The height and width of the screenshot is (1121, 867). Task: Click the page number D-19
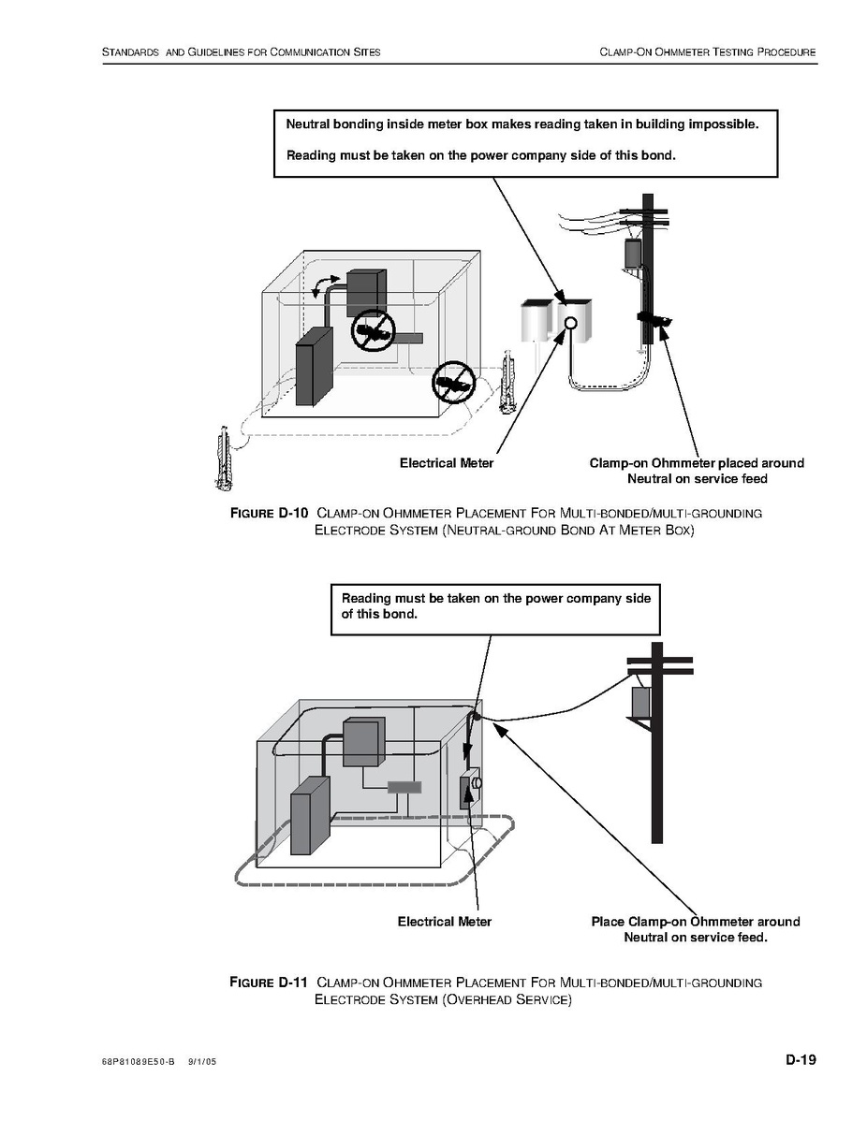(801, 1059)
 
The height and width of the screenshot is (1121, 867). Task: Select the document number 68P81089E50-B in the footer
(138, 1062)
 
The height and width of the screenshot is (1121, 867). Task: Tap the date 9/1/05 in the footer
(201, 1062)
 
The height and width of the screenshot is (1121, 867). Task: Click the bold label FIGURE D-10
(269, 513)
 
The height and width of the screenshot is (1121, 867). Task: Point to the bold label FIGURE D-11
(269, 982)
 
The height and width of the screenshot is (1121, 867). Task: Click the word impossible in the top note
(723, 124)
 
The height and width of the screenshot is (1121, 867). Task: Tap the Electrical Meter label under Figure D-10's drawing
(447, 463)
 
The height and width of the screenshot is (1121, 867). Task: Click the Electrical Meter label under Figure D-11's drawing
(444, 923)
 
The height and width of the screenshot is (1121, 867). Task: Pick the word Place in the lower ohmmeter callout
(608, 923)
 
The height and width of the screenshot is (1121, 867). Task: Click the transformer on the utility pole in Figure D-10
(633, 255)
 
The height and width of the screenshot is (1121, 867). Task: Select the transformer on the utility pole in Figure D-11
(639, 703)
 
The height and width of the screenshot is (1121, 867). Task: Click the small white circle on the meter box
(570, 323)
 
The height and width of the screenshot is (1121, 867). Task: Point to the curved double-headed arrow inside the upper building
(326, 284)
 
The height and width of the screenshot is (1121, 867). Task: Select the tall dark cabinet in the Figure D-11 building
(310, 815)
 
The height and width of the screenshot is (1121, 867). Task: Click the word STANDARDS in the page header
(131, 52)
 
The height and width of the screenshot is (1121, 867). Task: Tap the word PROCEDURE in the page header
(787, 52)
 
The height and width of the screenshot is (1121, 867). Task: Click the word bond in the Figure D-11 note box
(400, 614)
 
